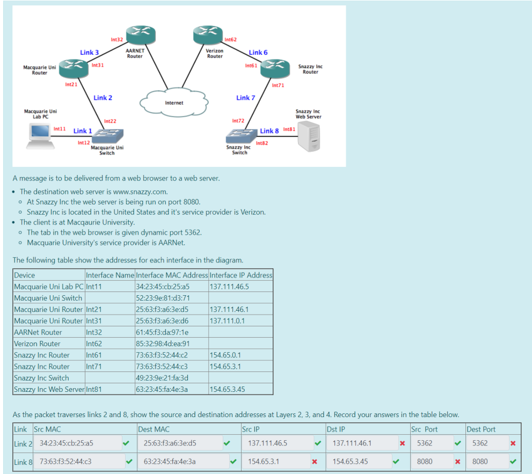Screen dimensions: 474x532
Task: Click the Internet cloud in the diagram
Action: pos(173,101)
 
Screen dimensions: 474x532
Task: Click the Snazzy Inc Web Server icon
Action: pos(309,136)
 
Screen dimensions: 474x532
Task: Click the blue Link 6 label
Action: pos(258,53)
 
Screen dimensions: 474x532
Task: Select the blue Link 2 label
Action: pos(103,98)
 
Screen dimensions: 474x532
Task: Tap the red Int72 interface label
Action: pos(238,121)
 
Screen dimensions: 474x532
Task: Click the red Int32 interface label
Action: pos(117,40)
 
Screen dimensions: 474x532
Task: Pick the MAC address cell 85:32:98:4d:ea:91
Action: pos(163,344)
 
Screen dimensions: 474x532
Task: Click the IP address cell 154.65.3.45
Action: pos(227,389)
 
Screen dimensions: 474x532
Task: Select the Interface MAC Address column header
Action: pos(172,275)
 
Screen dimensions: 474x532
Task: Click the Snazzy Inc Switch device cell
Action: pos(41,378)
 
